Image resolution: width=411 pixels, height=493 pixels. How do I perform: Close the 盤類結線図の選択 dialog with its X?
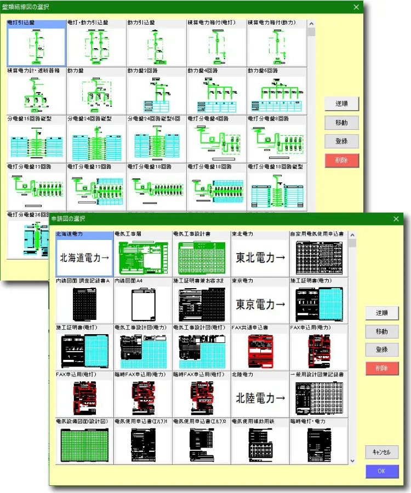(x=356, y=7)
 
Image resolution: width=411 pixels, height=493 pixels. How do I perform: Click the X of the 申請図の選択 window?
(x=396, y=219)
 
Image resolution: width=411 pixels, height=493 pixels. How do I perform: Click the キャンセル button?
(x=382, y=452)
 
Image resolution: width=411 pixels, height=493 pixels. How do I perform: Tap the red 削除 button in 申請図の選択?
(x=382, y=368)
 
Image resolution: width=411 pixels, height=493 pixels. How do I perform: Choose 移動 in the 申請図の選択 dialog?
(x=382, y=331)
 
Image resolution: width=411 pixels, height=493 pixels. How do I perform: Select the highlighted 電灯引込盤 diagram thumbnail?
(x=36, y=46)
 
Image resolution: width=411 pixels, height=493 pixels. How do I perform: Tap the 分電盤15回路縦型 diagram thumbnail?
(x=36, y=141)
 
